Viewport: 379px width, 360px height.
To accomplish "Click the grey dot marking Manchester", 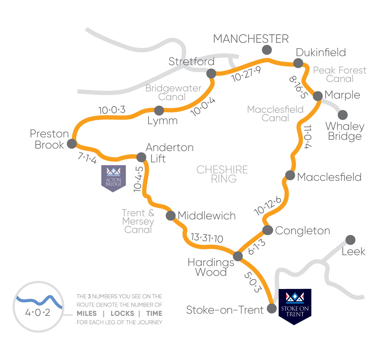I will pos(267,50).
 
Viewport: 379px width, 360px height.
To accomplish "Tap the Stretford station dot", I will pos(211,74).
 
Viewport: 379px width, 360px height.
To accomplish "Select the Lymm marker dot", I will pos(159,110).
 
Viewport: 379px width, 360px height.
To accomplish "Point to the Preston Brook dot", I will pos(72,144).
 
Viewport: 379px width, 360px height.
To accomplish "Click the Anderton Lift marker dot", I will pos(141,157).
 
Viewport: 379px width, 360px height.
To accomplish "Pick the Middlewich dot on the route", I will pos(171,215).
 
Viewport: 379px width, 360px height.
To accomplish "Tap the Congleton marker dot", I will pos(268,230).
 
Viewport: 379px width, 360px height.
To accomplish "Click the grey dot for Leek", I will pos(350,240).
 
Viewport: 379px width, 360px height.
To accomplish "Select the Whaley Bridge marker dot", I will pos(343,115).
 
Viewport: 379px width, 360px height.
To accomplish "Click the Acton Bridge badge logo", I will pos(113,178).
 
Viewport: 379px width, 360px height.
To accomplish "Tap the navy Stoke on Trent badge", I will pos(294,306).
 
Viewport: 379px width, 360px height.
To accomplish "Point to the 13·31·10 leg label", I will pos(207,238).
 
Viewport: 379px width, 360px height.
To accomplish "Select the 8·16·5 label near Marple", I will pos(298,87).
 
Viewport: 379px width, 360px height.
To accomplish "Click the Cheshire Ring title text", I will pos(222,174).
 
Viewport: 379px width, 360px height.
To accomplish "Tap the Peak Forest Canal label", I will pos(340,74).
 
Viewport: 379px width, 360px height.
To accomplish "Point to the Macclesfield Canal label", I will pos(275,114).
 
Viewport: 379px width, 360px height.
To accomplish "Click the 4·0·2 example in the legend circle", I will pos(38,313).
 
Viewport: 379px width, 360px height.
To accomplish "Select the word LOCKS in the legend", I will pos(122,314).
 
